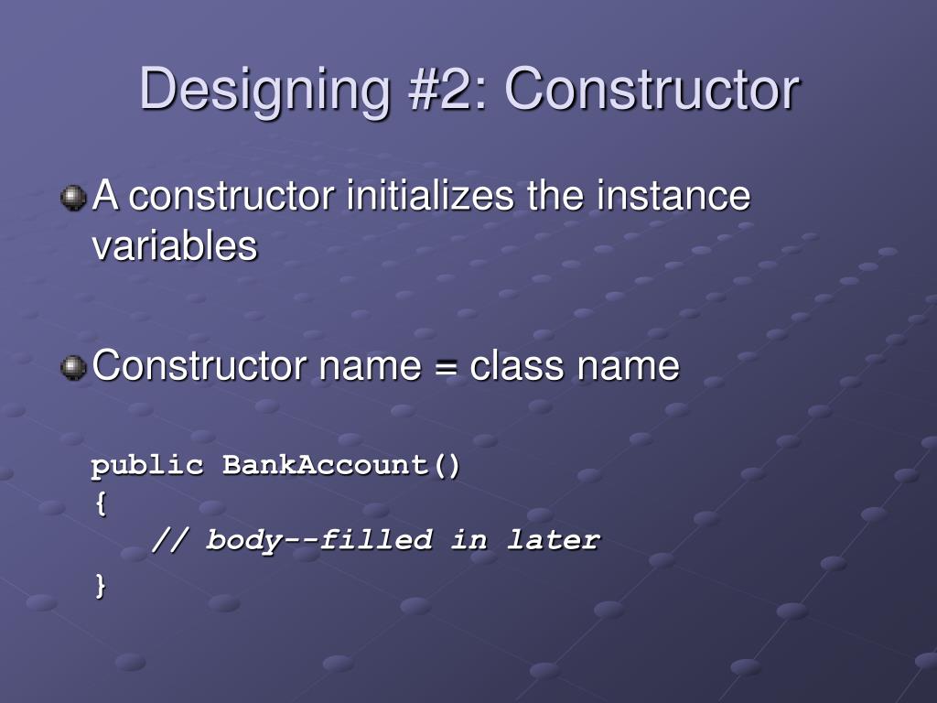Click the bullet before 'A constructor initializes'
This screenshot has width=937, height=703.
[73, 198]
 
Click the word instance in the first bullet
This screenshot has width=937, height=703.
[674, 197]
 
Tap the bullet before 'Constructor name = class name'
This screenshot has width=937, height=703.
[73, 367]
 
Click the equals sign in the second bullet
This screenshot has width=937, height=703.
[446, 367]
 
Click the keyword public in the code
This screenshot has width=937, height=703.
[147, 466]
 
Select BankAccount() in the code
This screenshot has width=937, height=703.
[341, 466]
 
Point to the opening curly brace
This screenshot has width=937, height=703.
[99, 503]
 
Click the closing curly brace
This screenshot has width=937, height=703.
[99, 585]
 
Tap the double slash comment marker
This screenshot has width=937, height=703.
[169, 540]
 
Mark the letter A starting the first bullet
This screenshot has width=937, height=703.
[105, 197]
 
